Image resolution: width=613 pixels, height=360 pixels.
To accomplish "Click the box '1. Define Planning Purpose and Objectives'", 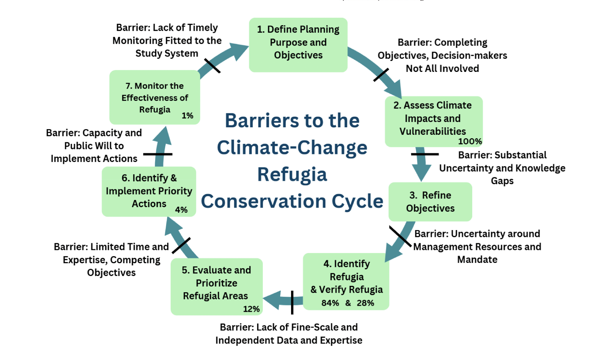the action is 298,45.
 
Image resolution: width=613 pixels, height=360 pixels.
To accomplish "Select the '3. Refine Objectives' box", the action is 430,202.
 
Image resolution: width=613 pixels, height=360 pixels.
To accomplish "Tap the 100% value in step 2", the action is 470,141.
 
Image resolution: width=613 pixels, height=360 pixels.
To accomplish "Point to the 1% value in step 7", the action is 188,116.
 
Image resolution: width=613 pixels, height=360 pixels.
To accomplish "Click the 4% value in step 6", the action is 181,210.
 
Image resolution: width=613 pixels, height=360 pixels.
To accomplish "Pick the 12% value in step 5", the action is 251,309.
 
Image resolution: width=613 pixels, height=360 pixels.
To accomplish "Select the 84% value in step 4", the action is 330,303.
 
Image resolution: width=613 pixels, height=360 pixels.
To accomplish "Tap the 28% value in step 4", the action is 365,303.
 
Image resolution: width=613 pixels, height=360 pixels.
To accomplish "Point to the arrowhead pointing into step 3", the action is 421,172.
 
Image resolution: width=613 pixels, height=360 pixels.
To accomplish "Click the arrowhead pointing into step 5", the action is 272,300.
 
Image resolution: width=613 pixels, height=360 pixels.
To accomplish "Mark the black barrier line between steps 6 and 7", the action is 158,154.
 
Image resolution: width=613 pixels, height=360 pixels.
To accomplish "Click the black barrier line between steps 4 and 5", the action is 292,302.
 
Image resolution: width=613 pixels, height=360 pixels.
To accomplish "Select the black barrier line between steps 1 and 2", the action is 381,75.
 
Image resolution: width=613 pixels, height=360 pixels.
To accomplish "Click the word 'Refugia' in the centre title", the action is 292,175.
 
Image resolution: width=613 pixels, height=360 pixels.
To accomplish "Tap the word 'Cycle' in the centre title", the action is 357,201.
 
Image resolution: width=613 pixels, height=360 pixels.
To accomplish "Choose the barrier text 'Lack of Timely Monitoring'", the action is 167,34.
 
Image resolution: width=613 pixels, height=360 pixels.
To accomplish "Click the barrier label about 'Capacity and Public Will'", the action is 94,146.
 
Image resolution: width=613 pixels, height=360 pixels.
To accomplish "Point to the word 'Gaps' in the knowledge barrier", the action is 502,181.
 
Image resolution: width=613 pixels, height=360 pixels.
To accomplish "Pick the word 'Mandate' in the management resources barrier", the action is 477,259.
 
